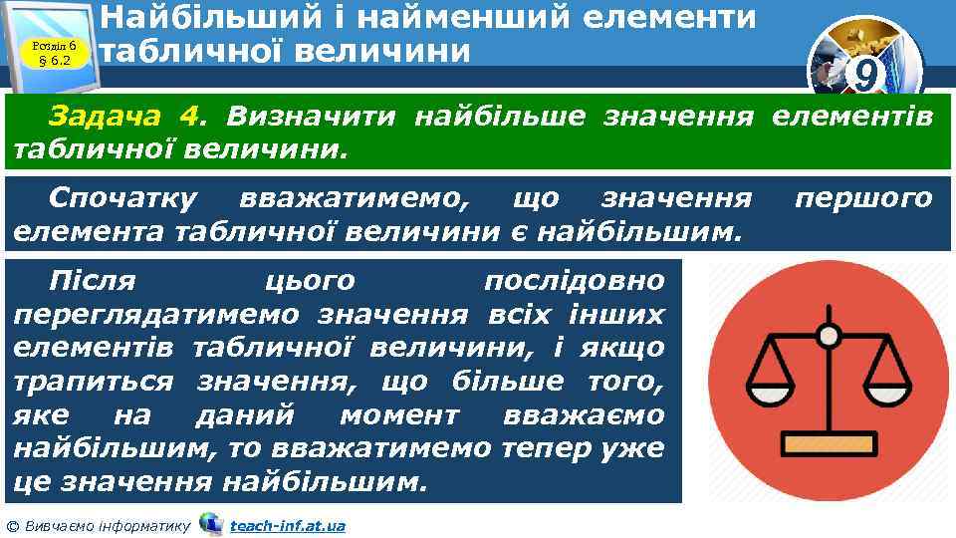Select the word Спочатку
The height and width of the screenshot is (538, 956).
click(x=122, y=198)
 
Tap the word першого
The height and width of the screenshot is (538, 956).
click(x=863, y=198)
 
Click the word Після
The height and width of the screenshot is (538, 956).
click(x=100, y=281)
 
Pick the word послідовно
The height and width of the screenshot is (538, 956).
click(x=572, y=281)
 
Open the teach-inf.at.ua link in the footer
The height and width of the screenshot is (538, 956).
click(x=287, y=525)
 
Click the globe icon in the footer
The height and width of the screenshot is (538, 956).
click(x=211, y=523)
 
